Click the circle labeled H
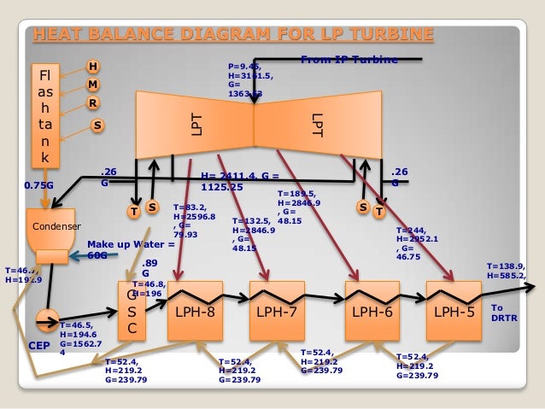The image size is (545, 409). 93,67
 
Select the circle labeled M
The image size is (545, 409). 92,85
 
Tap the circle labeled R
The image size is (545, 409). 92,103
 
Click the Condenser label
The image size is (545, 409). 56,227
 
